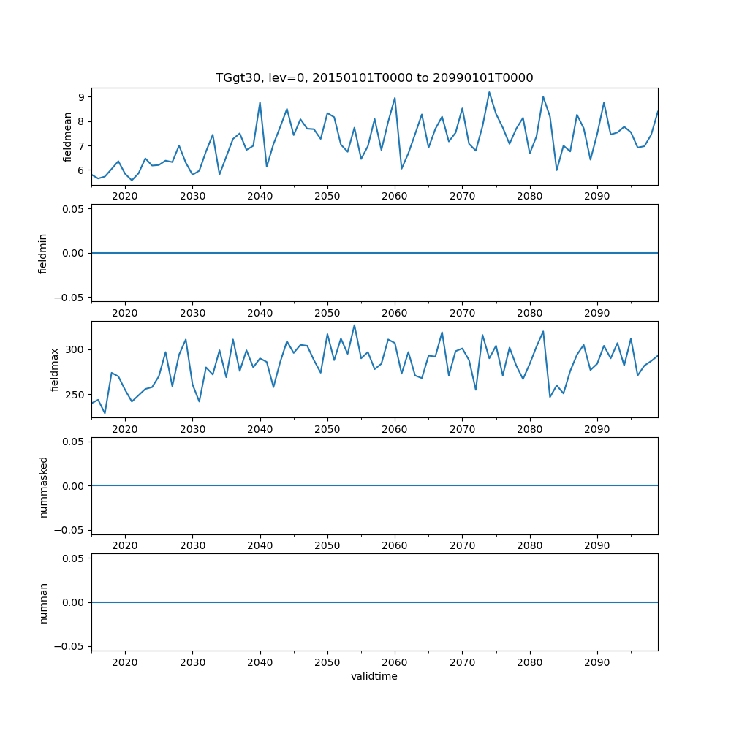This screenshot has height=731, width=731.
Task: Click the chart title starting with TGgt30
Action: [374, 77]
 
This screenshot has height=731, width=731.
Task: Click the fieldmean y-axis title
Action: [68, 137]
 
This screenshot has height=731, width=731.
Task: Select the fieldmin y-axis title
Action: [43, 253]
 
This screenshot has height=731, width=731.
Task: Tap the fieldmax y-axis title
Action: [55, 370]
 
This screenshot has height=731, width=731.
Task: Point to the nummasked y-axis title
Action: [43, 485]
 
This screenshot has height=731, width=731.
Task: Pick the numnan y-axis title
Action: [43, 602]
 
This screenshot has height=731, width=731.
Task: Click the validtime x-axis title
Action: [374, 677]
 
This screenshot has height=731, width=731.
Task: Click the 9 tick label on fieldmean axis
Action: [82, 96]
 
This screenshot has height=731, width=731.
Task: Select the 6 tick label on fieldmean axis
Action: [82, 170]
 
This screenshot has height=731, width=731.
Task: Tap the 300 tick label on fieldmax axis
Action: [75, 350]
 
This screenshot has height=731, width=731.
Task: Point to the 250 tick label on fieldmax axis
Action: [75, 395]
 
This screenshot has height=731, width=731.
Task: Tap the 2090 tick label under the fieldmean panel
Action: [597, 196]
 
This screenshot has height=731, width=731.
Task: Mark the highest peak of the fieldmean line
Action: [489, 92]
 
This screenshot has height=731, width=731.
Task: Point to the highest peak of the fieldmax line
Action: [355, 325]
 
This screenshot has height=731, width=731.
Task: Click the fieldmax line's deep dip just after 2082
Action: [550, 397]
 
